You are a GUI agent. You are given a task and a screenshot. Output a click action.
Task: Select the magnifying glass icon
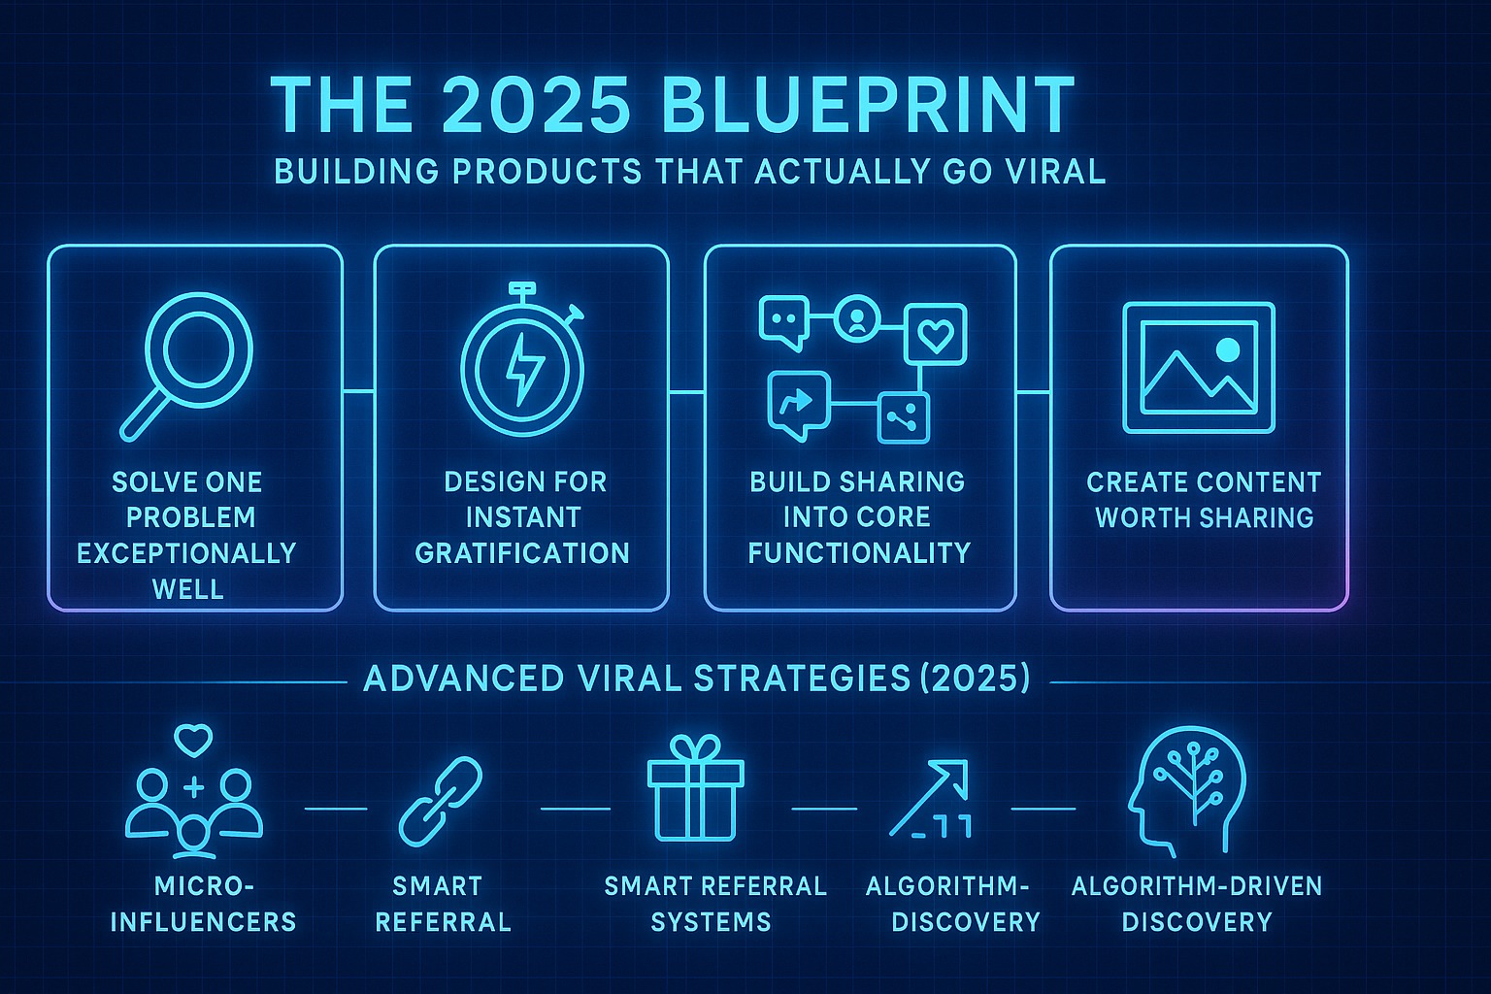click(185, 367)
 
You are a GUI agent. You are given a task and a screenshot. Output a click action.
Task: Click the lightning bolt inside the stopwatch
click(525, 369)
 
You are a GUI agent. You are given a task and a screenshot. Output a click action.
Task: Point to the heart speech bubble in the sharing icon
click(935, 334)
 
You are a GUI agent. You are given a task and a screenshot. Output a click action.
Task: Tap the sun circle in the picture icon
click(1227, 349)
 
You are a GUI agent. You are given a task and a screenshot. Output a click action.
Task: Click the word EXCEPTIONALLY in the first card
click(186, 554)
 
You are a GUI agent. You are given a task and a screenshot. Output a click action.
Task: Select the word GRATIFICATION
click(522, 554)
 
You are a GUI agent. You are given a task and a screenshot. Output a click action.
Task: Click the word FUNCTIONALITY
click(859, 554)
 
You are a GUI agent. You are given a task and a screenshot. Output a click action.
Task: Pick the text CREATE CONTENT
click(1204, 482)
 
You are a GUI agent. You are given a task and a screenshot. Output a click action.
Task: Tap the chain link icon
click(440, 801)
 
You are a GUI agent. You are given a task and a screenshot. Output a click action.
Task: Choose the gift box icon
click(696, 787)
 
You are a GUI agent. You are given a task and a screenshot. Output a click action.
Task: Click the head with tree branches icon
click(1186, 789)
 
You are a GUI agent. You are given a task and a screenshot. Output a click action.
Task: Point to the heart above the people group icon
click(193, 741)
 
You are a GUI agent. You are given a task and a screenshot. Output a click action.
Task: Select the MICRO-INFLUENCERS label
click(203, 904)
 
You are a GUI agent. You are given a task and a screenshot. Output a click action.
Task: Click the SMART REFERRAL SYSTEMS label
click(715, 904)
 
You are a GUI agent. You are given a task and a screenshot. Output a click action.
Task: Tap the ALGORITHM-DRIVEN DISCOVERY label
click(1197, 904)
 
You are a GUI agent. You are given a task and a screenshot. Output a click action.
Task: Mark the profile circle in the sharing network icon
click(857, 317)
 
